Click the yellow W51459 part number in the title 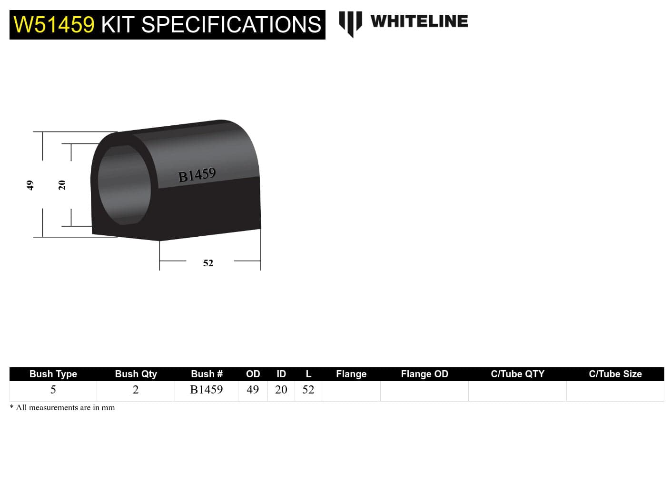[54, 25]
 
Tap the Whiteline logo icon [350, 23]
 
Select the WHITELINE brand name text [419, 21]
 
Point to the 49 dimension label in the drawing [30, 185]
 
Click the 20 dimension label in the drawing [62, 185]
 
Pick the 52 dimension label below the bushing [208, 263]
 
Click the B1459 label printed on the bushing [197, 175]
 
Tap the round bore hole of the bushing [124, 184]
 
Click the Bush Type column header [53, 374]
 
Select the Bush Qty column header [136, 374]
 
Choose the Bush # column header [207, 374]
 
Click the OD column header [253, 374]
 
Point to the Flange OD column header [424, 374]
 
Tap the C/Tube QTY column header [517, 374]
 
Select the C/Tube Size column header [615, 374]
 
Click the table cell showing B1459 [207, 390]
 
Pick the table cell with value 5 [53, 390]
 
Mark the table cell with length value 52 [308, 390]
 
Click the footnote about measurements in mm [62, 407]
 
